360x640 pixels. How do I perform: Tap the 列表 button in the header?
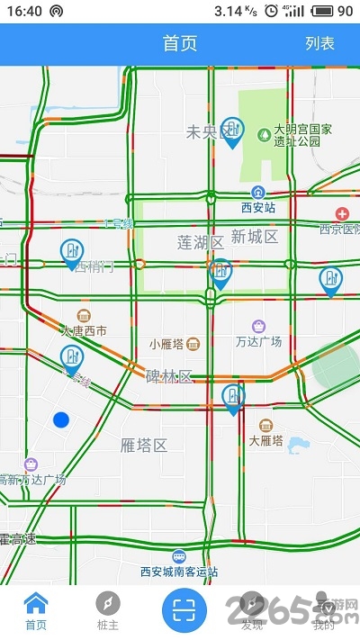[x=319, y=43]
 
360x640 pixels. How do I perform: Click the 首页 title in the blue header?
[x=180, y=43]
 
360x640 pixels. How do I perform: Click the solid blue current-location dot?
[x=61, y=419]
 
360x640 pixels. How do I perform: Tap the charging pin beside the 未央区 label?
[x=232, y=131]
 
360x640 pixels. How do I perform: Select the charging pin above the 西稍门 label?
[x=71, y=253]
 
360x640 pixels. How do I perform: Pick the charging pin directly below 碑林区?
[x=233, y=398]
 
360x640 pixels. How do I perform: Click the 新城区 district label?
[x=254, y=237]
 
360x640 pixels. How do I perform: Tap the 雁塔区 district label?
[x=144, y=445]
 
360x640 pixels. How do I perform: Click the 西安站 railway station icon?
[x=258, y=192]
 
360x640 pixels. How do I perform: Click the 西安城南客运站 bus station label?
[x=179, y=571]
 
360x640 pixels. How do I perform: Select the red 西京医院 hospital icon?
[x=342, y=213]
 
